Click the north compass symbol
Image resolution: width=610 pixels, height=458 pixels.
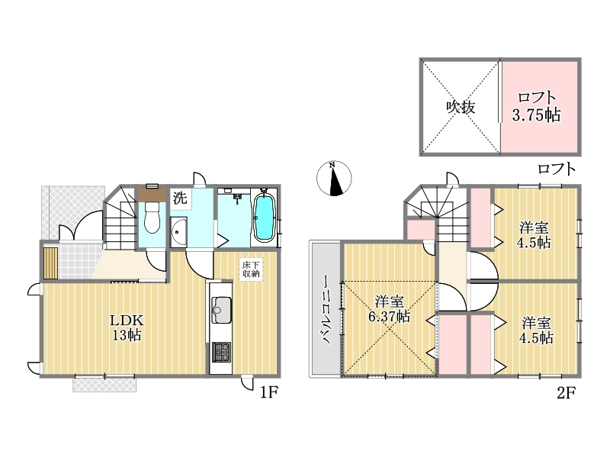click(334, 179)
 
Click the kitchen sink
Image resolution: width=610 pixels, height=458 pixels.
click(221, 310)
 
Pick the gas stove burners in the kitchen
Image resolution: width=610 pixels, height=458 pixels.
click(221, 352)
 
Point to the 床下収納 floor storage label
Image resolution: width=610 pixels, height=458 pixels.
click(251, 269)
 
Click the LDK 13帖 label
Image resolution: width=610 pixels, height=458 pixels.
click(127, 327)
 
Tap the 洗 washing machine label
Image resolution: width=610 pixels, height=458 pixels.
click(180, 198)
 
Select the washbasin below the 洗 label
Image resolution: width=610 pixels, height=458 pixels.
click(178, 232)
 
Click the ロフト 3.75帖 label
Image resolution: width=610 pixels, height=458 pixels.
click(537, 106)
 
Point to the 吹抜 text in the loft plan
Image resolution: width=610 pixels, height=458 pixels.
click(461, 106)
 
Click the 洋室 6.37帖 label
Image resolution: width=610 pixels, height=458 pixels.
click(389, 309)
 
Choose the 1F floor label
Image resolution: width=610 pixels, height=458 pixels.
click(268, 392)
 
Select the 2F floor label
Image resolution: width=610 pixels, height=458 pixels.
click(566, 392)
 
